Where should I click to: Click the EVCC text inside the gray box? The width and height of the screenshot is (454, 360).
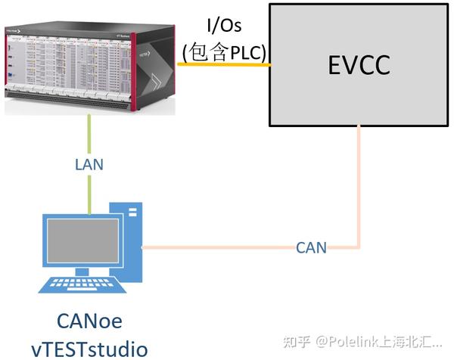pos(359,65)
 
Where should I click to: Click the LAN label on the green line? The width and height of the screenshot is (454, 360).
pos(89,163)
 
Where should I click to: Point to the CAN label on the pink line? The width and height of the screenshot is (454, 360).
pos(311,247)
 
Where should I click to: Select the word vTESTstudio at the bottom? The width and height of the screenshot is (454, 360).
pos(89,348)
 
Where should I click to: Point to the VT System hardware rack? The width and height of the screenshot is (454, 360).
pos(90,61)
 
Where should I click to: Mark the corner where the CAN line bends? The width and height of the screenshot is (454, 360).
pos(359,247)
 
